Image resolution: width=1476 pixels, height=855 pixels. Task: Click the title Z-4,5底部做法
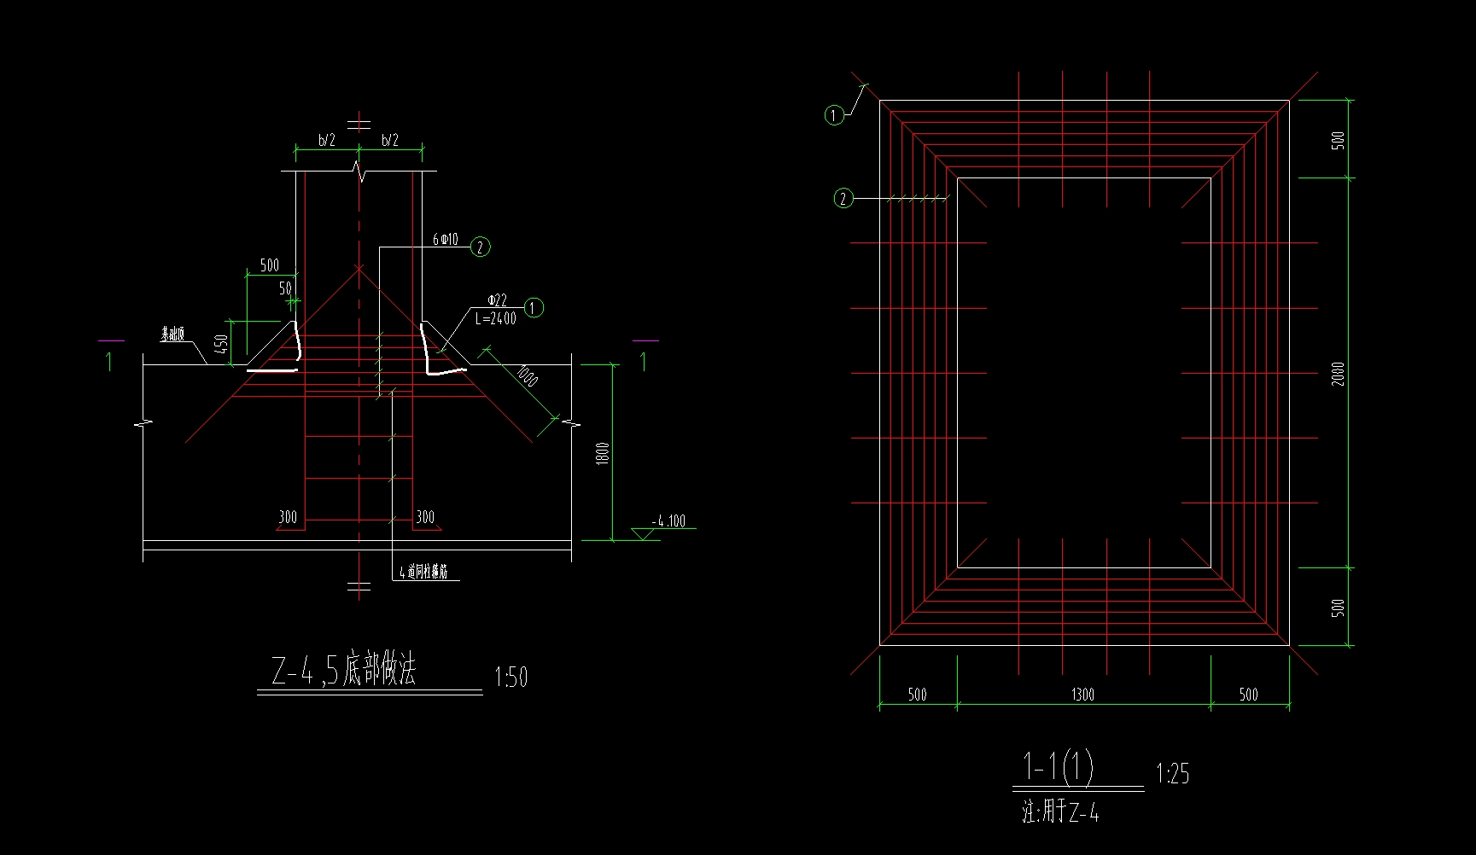[343, 671]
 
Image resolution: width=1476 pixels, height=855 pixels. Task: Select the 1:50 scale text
[511, 678]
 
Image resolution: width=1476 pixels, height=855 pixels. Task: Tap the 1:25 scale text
[1172, 774]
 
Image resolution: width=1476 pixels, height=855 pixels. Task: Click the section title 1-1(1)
[1058, 766]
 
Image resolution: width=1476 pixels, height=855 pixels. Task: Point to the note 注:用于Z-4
[1060, 811]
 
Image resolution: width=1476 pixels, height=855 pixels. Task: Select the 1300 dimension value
[1082, 695]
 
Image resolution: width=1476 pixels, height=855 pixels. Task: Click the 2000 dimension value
[1338, 374]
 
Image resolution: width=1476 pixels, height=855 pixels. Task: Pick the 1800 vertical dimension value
[603, 453]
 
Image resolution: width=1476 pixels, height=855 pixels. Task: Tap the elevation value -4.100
[668, 521]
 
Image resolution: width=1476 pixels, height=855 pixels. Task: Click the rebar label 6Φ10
[445, 240]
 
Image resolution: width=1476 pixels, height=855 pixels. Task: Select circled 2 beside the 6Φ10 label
[481, 247]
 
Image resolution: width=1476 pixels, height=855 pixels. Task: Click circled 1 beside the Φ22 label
[534, 307]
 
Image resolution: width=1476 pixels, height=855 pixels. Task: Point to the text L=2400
[496, 319]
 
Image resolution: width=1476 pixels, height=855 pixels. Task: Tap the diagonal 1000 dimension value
[528, 376]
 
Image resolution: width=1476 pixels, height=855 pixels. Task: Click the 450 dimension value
[221, 345]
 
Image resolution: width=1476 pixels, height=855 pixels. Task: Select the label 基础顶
[172, 334]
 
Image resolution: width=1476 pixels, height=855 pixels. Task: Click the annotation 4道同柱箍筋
[423, 573]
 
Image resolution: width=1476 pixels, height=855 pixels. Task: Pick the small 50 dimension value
[285, 288]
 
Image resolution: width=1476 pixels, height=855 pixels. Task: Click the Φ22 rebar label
[497, 300]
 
